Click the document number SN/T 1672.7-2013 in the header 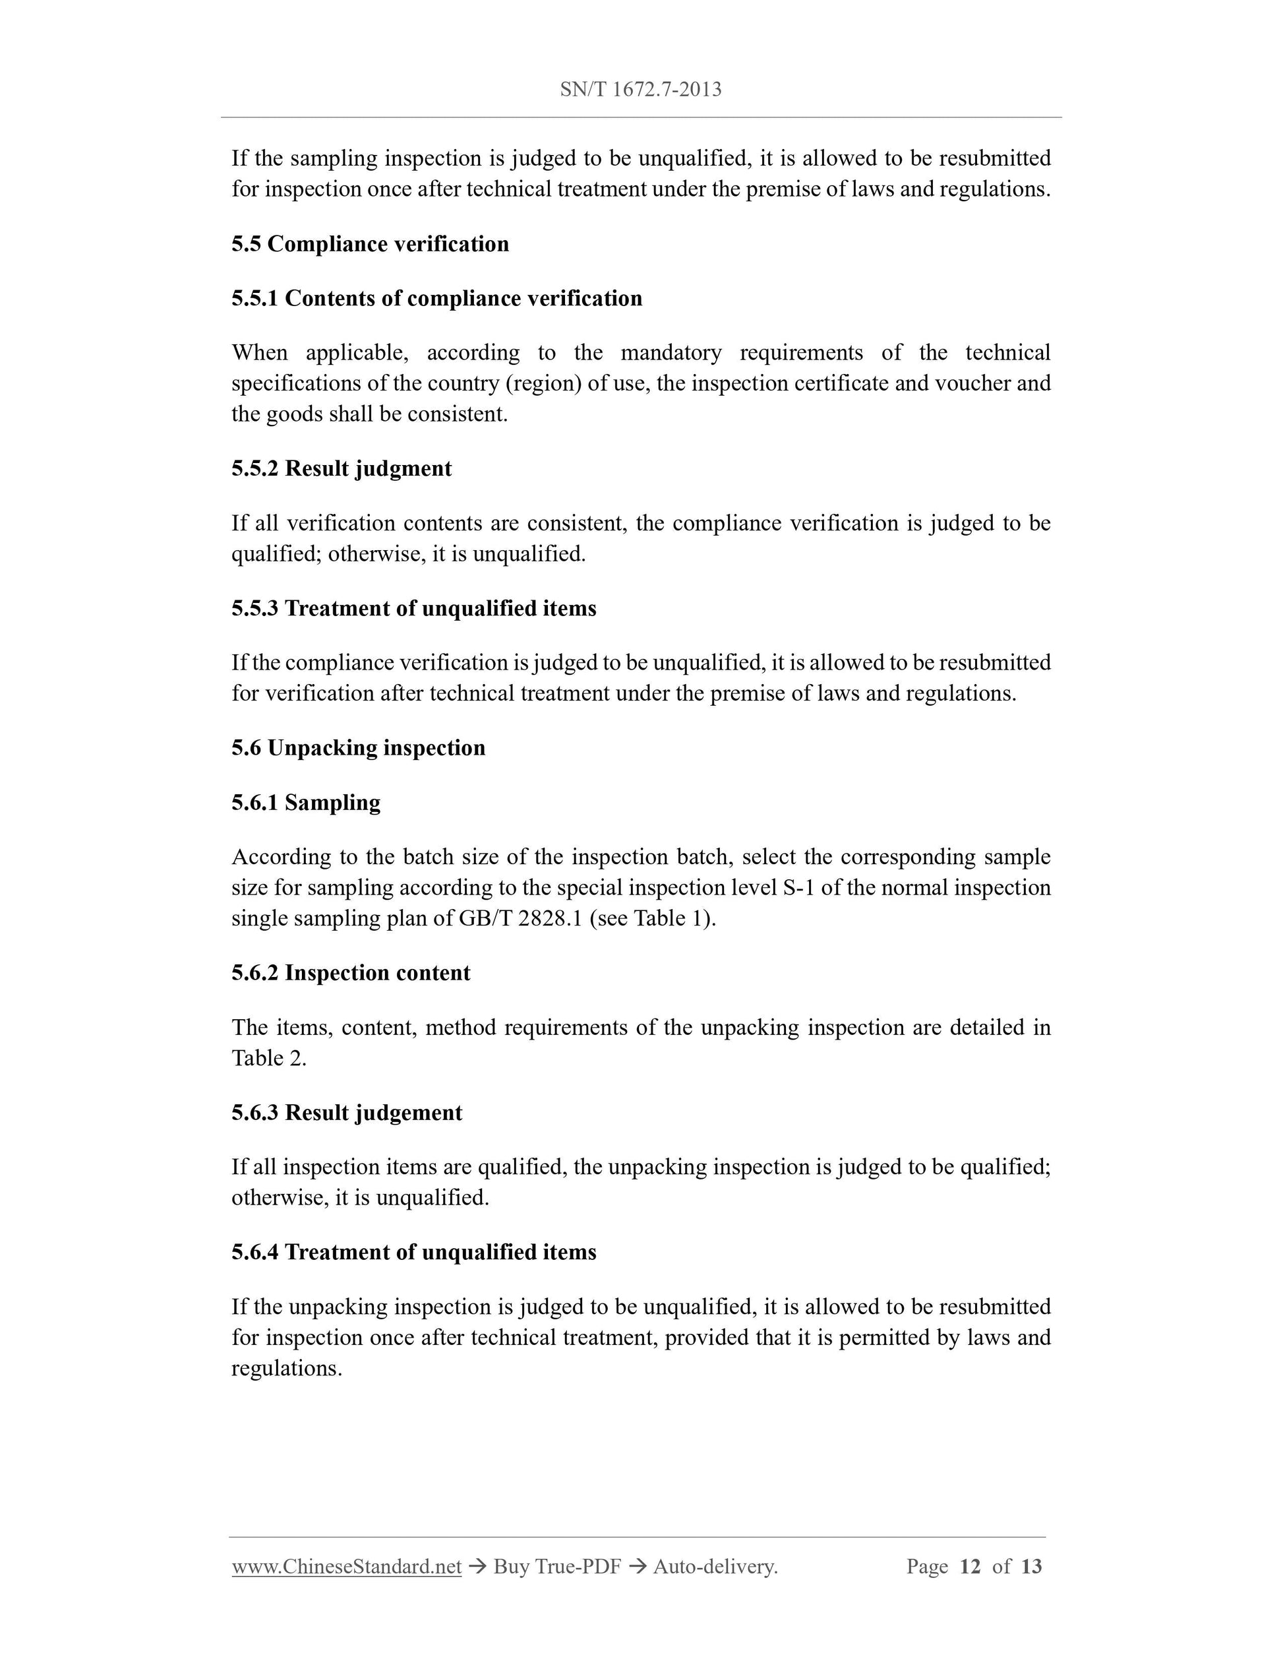tap(640, 90)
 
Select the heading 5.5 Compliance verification tap(370, 244)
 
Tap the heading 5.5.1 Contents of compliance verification tap(436, 298)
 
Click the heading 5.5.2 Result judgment tap(342, 468)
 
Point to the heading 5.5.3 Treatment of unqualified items tap(413, 608)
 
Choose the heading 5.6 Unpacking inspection tap(358, 747)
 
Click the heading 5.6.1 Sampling tap(305, 802)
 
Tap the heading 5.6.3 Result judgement tap(347, 1113)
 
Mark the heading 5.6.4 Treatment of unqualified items tap(413, 1252)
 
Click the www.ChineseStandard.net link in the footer tap(347, 1567)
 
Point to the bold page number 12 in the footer tap(970, 1567)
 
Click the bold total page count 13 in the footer tap(1030, 1567)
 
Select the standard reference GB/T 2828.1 tap(520, 919)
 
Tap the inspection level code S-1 tap(798, 887)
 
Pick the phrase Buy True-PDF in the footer tap(557, 1567)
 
